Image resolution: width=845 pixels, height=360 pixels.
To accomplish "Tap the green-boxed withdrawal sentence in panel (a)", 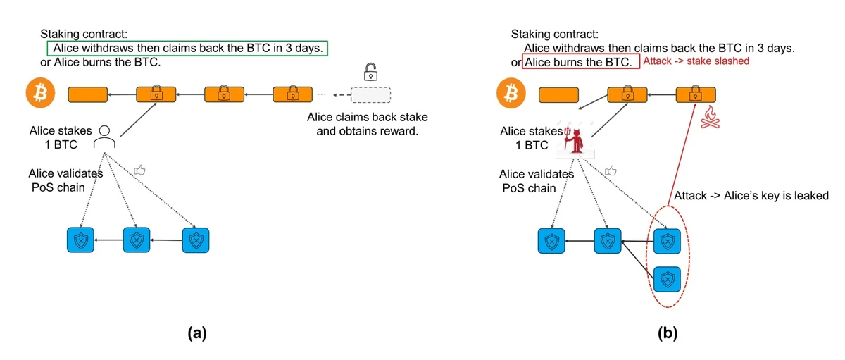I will point(187,48).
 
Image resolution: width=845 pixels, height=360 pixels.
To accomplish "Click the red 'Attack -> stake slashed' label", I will point(696,62).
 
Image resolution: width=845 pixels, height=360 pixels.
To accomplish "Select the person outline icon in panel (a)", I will point(105,136).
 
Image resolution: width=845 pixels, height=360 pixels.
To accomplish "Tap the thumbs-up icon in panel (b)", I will point(611,170).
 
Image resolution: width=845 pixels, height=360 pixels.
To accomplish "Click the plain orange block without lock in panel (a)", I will point(87,94).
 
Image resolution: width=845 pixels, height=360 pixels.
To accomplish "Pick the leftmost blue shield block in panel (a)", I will point(80,240).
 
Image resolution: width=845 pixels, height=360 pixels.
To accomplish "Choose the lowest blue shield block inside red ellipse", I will point(666,280).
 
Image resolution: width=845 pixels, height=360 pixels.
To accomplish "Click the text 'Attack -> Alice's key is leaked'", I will point(751,195).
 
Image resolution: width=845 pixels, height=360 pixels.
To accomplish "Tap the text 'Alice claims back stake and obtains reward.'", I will point(367,123).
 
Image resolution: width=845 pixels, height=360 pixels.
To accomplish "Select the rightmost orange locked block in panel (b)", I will point(695,94).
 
